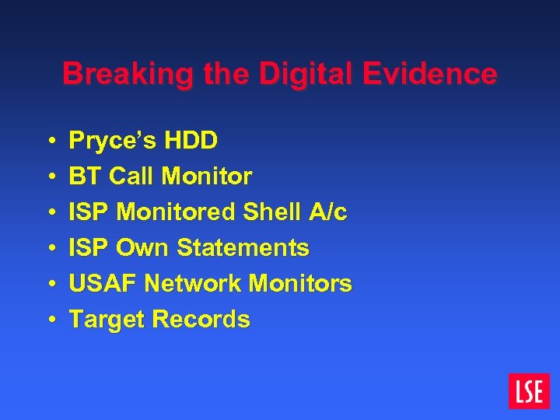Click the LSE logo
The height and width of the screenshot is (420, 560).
click(x=529, y=391)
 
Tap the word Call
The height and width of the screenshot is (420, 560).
click(x=131, y=177)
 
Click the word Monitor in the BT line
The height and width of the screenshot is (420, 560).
click(x=207, y=177)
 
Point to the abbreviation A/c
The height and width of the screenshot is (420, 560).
click(x=327, y=212)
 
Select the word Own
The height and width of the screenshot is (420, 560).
click(x=143, y=248)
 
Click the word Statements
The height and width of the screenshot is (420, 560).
click(x=243, y=248)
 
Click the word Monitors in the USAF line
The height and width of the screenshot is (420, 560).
click(x=300, y=284)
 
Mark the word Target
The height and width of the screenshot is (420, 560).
click(x=107, y=320)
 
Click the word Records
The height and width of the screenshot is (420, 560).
click(x=201, y=320)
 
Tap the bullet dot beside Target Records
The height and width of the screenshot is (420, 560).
click(x=51, y=320)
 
